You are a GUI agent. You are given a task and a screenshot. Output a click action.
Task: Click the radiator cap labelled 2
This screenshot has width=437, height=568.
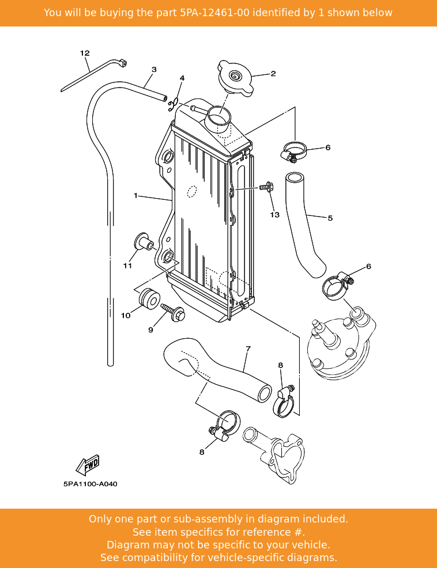pos(235,77)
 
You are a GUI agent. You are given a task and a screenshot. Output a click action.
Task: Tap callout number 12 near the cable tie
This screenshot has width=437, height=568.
pos(85,54)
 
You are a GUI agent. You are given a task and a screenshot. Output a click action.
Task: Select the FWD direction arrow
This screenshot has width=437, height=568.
pos(89,464)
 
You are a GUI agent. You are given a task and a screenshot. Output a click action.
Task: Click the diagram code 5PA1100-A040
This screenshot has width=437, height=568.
pos(91,484)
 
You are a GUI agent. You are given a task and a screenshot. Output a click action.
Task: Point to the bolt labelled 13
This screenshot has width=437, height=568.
pos(266,187)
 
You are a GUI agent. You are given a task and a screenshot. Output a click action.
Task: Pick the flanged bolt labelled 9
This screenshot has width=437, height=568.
pos(174,313)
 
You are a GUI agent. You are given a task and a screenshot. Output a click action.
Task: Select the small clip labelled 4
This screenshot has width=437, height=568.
pos(171,104)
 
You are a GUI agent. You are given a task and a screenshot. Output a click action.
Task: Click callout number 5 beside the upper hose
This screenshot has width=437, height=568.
pos(330,218)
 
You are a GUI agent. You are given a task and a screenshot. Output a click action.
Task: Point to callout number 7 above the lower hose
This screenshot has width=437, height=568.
pos(248,349)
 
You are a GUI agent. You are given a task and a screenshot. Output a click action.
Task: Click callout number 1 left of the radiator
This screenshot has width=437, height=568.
pos(135,196)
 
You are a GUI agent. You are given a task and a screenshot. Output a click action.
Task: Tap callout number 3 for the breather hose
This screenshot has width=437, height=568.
pos(154,70)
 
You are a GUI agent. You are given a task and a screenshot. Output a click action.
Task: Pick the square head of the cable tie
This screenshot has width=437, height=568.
pos(122,63)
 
